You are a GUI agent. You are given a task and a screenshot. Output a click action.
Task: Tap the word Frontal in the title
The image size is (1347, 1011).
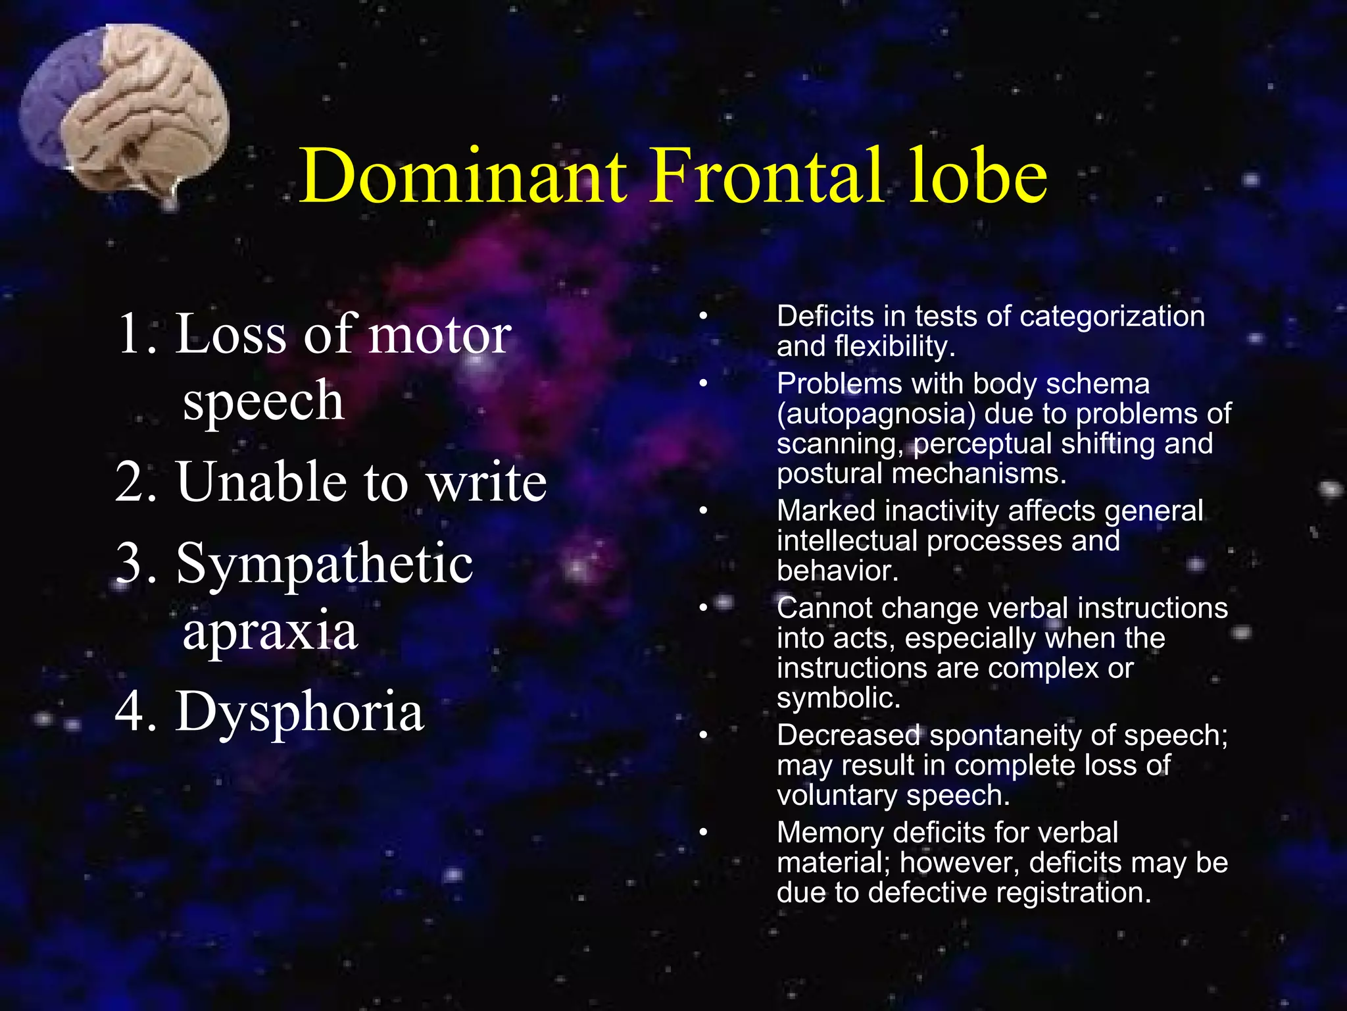(766, 176)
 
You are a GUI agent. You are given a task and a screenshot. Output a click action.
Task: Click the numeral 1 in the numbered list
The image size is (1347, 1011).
(130, 334)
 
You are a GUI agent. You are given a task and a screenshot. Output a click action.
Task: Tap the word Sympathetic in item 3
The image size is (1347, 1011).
(324, 563)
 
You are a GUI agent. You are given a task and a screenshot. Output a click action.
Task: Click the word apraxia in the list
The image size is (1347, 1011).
(270, 631)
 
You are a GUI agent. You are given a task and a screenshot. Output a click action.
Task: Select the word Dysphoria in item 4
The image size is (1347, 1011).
(300, 712)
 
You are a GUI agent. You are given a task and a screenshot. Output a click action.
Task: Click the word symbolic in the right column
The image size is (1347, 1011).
(838, 698)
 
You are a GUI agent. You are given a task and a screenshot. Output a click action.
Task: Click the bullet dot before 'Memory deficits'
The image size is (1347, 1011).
(703, 833)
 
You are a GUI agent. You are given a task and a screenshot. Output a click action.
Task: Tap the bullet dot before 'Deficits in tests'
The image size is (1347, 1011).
(703, 317)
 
